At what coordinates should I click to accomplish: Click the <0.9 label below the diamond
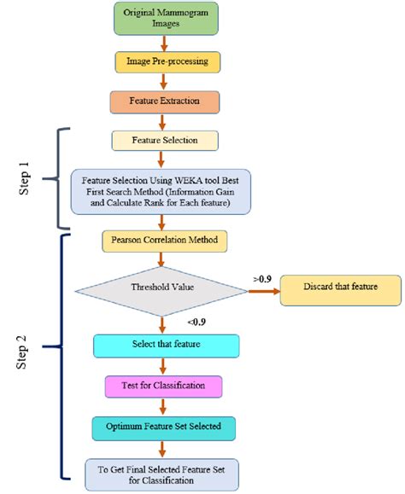pos(196,321)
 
